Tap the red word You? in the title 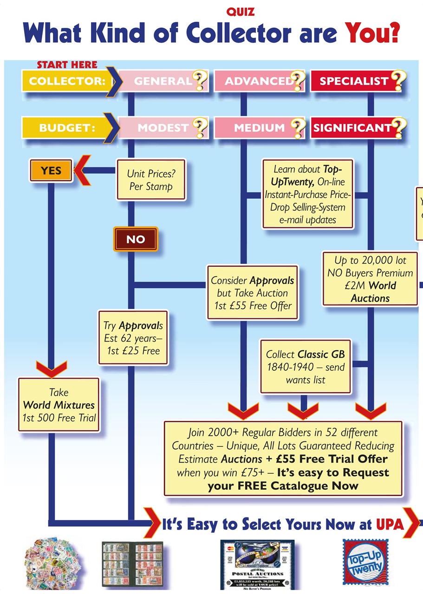point(372,34)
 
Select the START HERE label point(67,65)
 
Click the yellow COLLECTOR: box point(66,81)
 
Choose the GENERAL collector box point(163,81)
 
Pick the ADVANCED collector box point(259,81)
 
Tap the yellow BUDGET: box point(66,128)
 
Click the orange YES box point(51,170)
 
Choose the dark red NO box point(136,239)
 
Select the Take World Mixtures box point(59,405)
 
